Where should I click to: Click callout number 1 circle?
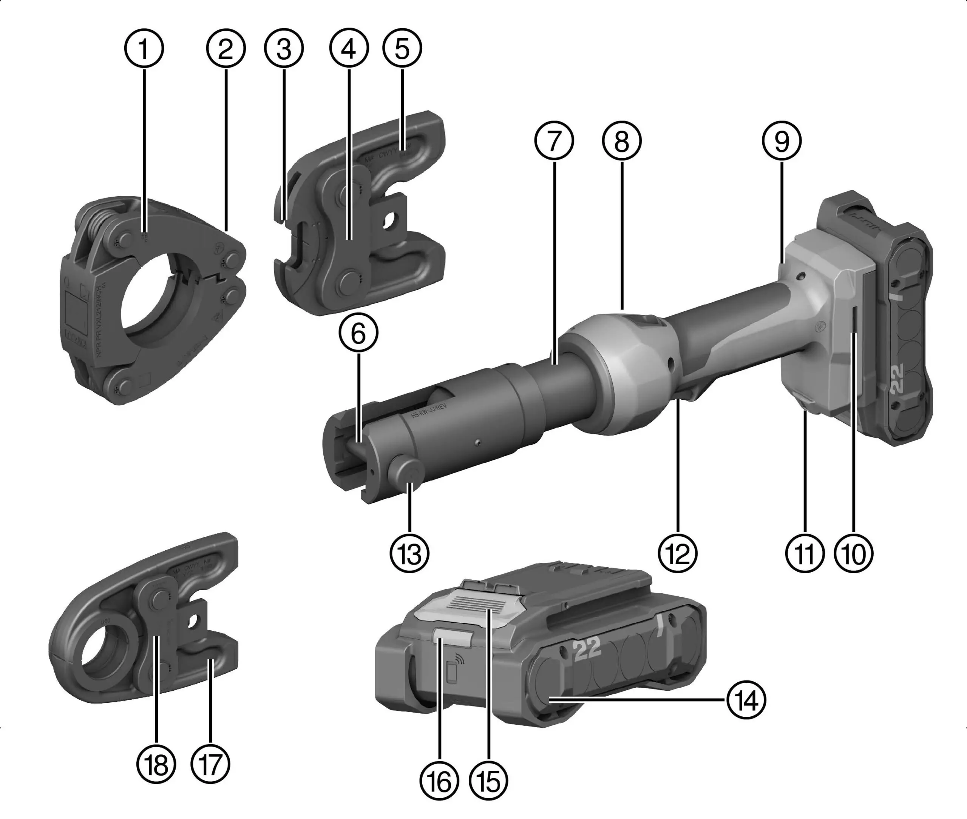click(x=144, y=49)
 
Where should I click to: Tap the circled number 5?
click(x=402, y=49)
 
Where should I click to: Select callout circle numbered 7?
click(x=553, y=141)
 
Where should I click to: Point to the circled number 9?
click(x=782, y=141)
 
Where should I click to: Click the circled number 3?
click(x=284, y=49)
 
